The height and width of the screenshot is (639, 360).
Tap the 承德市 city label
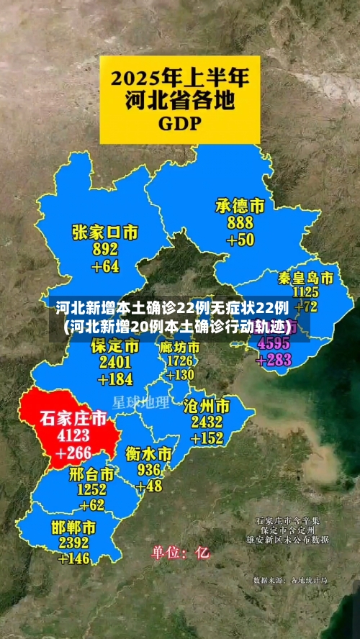click(240, 207)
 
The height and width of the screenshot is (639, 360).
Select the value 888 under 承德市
click(240, 223)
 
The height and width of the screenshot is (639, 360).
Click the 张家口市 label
click(105, 232)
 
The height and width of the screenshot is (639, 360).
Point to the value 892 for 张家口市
click(105, 250)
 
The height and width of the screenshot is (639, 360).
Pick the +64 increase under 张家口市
click(105, 266)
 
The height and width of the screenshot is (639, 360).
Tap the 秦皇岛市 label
click(306, 278)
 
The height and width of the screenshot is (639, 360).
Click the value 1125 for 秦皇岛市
click(306, 292)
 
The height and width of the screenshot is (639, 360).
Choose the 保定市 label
click(115, 346)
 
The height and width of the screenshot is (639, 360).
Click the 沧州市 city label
click(207, 405)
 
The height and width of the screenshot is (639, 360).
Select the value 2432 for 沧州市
click(207, 422)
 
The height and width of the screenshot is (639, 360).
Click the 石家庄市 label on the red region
click(73, 418)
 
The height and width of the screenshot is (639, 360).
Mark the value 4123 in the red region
click(73, 435)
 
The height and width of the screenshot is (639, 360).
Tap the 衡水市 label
click(148, 454)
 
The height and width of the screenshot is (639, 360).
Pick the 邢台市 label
click(91, 474)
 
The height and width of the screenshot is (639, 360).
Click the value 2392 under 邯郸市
click(74, 543)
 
